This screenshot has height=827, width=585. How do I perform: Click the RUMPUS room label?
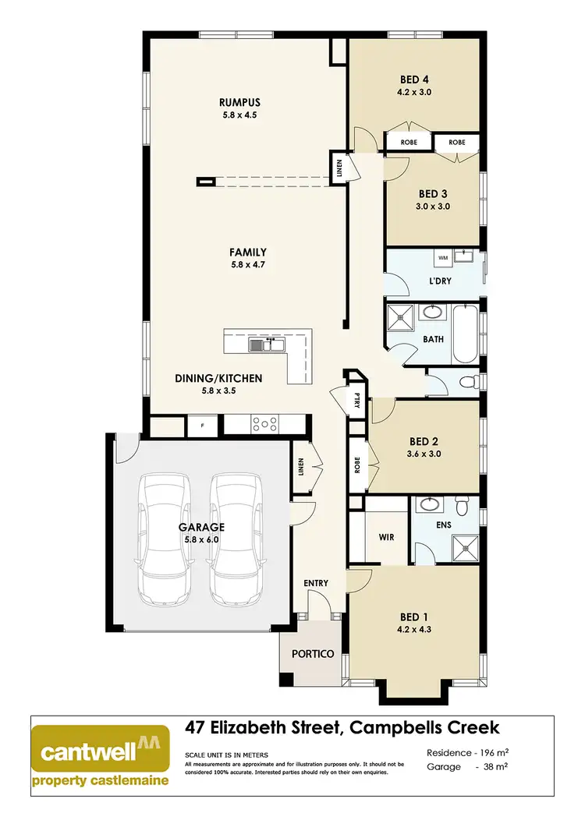tap(239, 102)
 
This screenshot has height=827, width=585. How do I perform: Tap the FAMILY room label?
tap(248, 252)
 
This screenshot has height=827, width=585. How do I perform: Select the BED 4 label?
tap(415, 80)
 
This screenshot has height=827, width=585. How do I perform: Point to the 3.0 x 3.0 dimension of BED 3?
tap(434, 207)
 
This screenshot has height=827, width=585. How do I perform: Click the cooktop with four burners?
tap(264, 425)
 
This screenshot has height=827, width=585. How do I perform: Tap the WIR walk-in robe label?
tap(386, 537)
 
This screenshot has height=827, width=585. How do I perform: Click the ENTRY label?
tap(316, 583)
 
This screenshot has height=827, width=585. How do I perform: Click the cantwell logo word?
tap(87, 753)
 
